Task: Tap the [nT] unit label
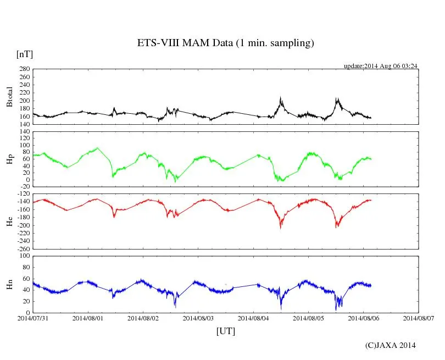(x=24, y=54)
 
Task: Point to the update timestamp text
(x=381, y=66)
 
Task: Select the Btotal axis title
(x=9, y=97)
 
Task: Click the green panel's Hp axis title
(x=9, y=159)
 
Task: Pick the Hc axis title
(x=9, y=221)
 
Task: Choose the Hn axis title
(x=9, y=284)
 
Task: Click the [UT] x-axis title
(x=225, y=331)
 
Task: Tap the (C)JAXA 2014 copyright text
(x=390, y=345)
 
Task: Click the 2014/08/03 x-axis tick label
(x=198, y=318)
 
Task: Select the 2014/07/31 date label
(x=33, y=318)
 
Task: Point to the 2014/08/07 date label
(x=419, y=318)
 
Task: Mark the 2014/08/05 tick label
(x=308, y=318)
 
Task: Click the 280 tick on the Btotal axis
(x=24, y=69)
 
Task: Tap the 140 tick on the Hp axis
(x=24, y=132)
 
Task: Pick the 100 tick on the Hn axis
(x=24, y=256)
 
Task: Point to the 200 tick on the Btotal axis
(x=24, y=101)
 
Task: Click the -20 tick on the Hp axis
(x=24, y=187)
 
